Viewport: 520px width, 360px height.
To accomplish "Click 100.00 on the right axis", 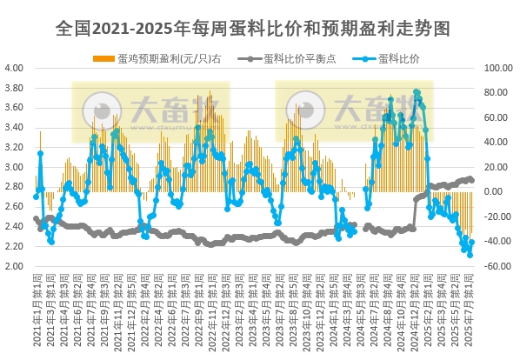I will (501, 68).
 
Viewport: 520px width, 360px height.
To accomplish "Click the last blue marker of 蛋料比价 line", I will (471, 244).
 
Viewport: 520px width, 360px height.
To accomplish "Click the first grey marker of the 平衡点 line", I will (36, 218).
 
